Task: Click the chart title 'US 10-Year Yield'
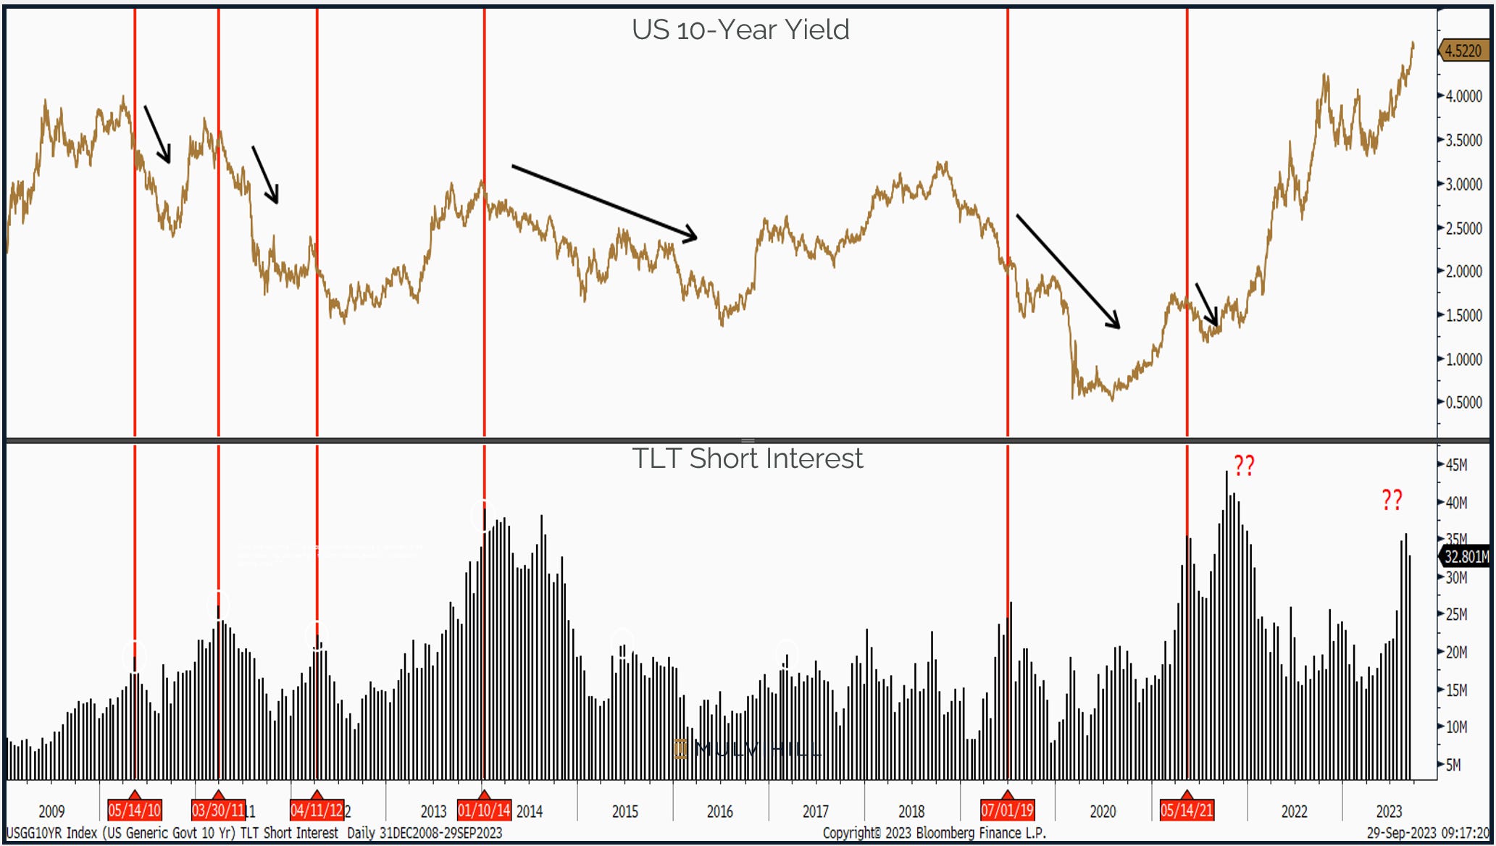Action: (740, 30)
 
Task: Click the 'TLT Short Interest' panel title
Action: (747, 458)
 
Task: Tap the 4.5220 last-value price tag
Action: (1463, 51)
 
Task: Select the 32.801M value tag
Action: (1465, 556)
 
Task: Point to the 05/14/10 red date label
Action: (135, 810)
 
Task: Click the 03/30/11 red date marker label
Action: (218, 810)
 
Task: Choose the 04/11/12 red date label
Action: (317, 810)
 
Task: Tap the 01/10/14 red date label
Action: (484, 810)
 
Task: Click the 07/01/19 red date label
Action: (1007, 810)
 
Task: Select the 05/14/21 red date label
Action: (1186, 810)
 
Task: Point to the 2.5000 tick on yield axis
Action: (1463, 228)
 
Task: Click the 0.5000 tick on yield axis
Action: (1463, 403)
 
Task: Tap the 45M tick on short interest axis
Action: (1456, 465)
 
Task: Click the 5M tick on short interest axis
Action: (1453, 765)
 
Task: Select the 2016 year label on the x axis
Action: (720, 811)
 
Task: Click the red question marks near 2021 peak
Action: (1244, 466)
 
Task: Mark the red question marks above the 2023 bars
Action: (1392, 500)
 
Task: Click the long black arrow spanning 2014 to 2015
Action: (604, 202)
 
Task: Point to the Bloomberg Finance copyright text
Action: (934, 833)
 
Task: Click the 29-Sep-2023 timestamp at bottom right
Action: (1428, 833)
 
